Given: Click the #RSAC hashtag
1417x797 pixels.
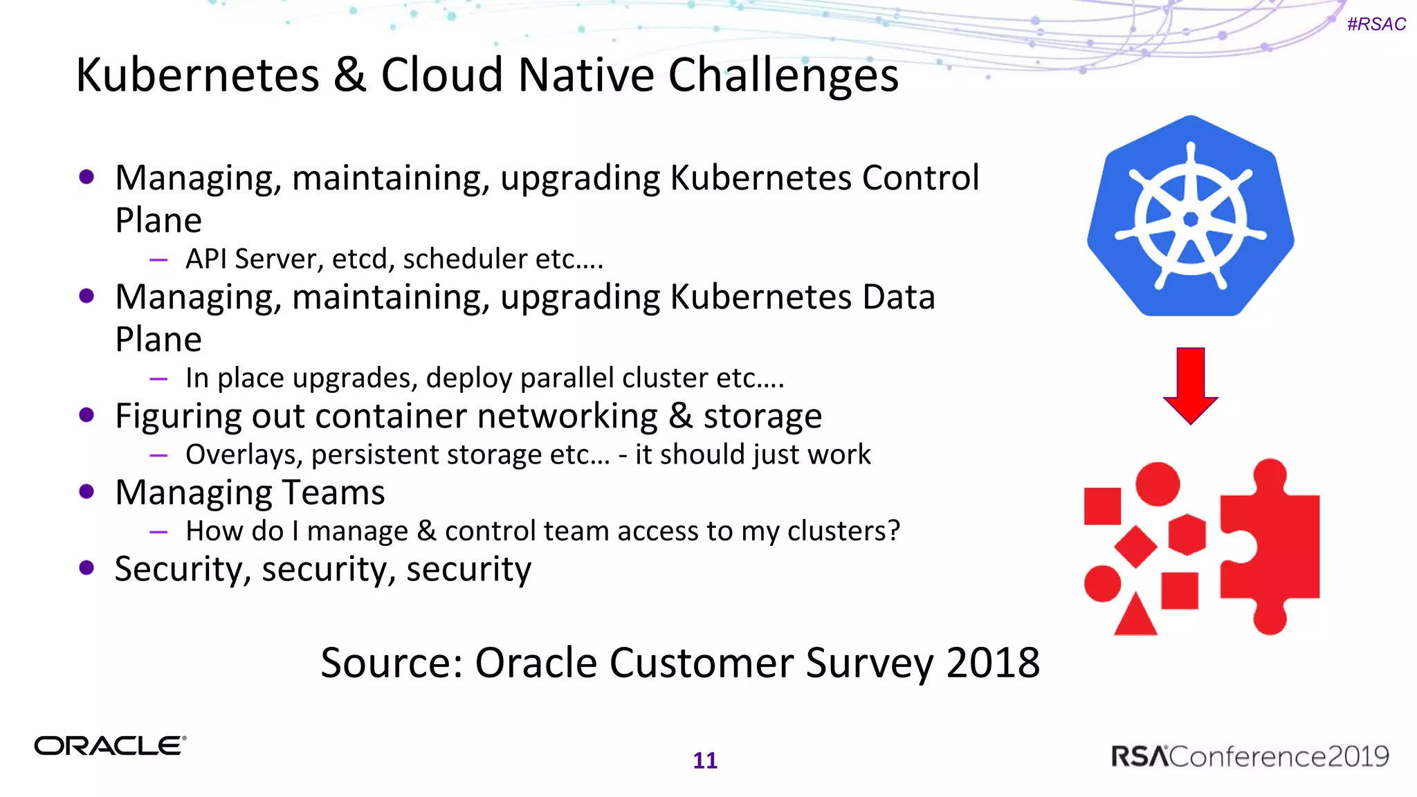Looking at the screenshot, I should (1375, 24).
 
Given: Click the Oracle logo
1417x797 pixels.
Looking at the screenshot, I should (110, 746).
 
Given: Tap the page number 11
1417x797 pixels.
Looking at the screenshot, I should (705, 760).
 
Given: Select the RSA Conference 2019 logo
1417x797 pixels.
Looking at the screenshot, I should (1250, 756).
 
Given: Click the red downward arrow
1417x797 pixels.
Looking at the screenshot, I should (1190, 385).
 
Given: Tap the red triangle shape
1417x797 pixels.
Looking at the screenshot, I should (1135, 616).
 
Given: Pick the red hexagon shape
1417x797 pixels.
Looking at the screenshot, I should (1187, 534).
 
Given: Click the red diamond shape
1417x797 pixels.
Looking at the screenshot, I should (1135, 547).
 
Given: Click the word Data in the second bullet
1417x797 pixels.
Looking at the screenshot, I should (899, 297).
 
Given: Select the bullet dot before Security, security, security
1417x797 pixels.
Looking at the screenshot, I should (86, 568).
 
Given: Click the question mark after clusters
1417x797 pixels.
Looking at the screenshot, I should (893, 531).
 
